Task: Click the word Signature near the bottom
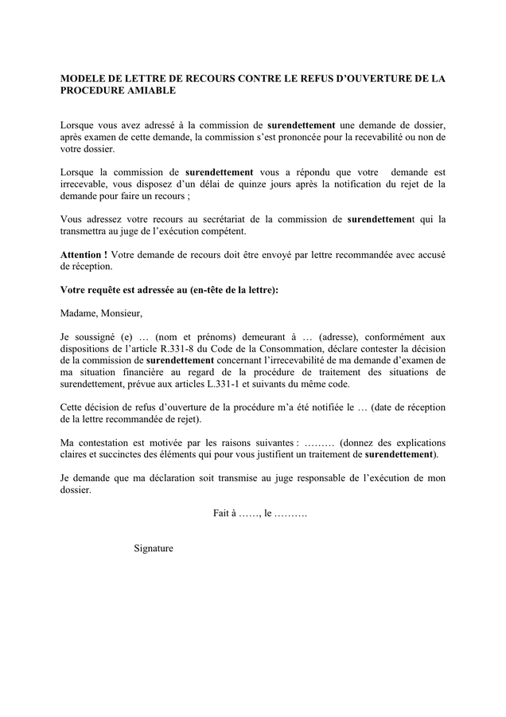(154, 548)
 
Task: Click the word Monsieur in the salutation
(122, 313)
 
